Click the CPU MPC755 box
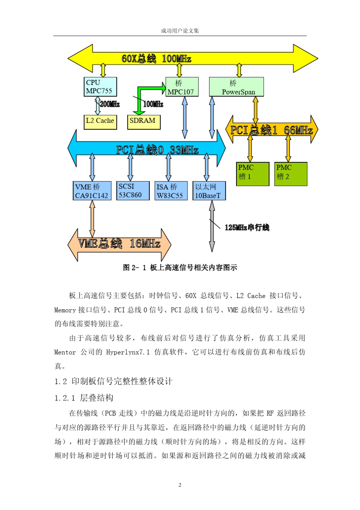100,87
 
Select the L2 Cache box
100,121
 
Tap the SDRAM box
144,121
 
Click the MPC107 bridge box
182,87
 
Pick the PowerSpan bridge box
236,87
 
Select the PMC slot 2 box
291,174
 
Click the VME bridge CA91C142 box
92,191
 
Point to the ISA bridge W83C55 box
171,191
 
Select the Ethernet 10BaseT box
209,191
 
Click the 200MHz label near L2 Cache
110,104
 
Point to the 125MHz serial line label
247,228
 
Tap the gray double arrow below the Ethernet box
212,226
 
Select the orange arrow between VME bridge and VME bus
92,218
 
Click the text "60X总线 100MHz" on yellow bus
156,59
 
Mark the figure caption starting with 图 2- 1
180,268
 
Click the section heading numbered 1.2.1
84,398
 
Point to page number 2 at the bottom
180,485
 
